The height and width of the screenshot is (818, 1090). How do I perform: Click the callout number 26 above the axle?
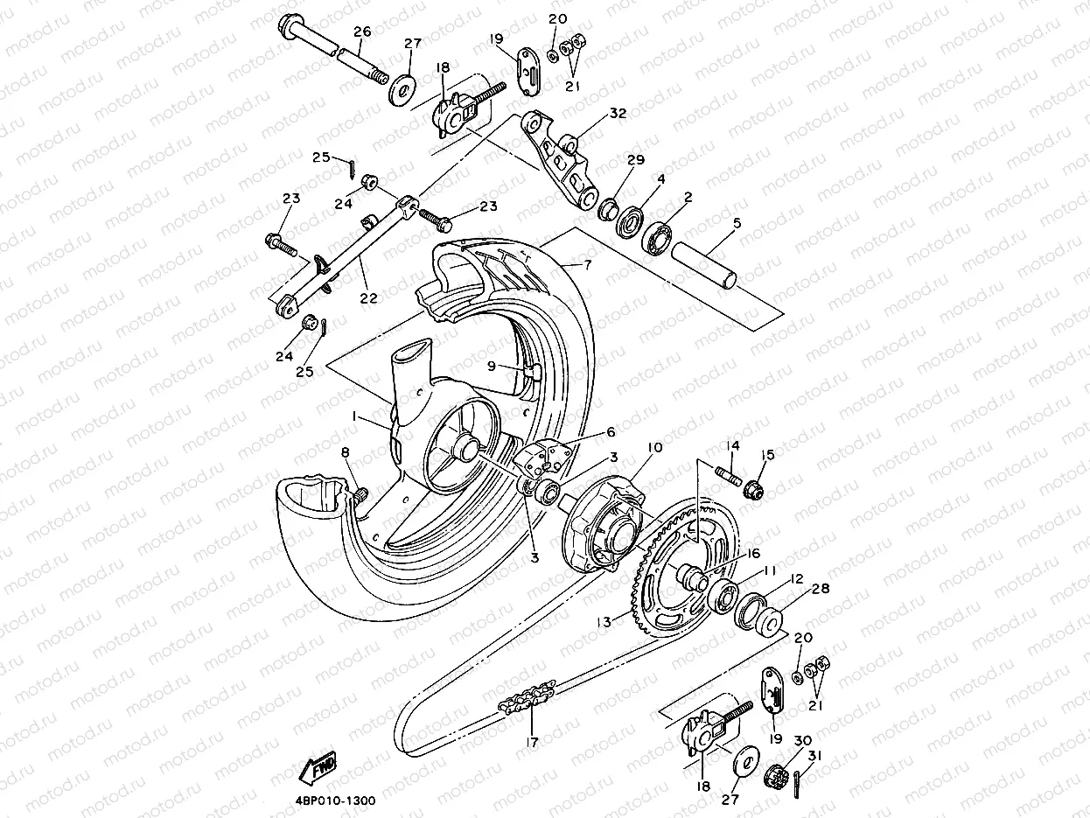362,32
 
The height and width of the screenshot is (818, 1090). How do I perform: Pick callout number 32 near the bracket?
618,113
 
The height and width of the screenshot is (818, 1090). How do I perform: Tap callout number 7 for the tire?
587,263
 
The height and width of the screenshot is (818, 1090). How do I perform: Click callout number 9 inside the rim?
492,367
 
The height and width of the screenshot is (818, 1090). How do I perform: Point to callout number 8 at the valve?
345,452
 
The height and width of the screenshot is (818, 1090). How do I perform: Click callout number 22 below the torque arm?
368,297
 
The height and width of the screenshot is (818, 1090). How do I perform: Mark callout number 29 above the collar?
635,161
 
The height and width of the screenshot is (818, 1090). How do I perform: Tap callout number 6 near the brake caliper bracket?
611,432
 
